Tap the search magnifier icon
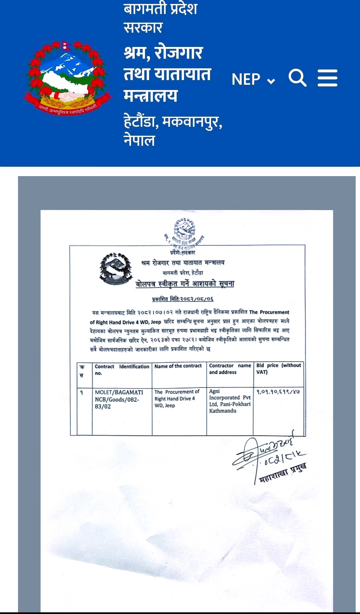point(297,78)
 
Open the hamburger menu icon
point(327,78)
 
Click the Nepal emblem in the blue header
point(67,79)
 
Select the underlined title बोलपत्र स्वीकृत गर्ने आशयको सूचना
point(185,284)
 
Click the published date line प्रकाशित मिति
point(183,299)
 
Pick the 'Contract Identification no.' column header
point(122,370)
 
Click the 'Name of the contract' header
point(178,366)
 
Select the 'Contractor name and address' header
point(230,369)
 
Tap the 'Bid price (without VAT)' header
point(278,369)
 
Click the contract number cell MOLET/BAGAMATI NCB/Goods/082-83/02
point(119,399)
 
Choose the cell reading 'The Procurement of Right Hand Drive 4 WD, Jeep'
point(177,399)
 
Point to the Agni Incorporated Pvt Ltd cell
point(230,401)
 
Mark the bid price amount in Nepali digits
point(278,392)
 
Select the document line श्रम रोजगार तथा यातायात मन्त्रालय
point(183,263)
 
